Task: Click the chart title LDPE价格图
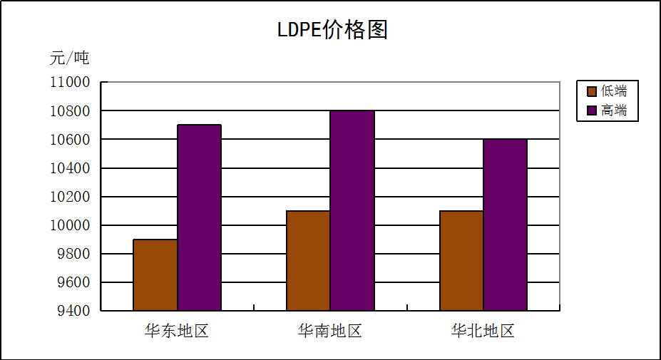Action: [x=332, y=30]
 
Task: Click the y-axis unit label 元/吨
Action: [x=69, y=58]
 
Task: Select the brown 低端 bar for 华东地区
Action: [x=155, y=275]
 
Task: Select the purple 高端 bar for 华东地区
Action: [x=199, y=217]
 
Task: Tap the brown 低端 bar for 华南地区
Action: [x=308, y=261]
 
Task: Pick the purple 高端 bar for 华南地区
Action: [x=352, y=210]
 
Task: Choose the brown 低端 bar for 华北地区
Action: [x=461, y=261]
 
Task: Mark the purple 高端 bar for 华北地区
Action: [x=505, y=225]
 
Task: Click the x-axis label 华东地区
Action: [x=177, y=331]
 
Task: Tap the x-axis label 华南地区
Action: [x=330, y=331]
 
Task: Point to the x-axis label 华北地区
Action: [x=483, y=331]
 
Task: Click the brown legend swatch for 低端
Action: [x=591, y=91]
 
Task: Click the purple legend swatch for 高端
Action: [x=591, y=110]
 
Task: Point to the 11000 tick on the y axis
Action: [x=70, y=83]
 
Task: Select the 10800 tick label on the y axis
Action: [x=70, y=111]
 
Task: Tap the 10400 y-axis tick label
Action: [x=70, y=168]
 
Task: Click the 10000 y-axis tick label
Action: [x=70, y=225]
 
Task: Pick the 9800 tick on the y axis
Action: [x=74, y=254]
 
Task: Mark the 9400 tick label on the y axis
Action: [x=74, y=311]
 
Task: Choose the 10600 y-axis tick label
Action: [x=70, y=140]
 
